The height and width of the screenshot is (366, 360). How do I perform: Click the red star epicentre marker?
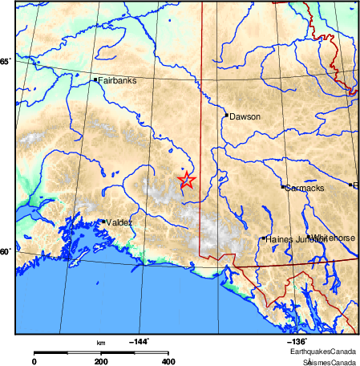click(x=186, y=180)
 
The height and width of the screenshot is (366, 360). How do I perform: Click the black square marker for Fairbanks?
click(x=95, y=79)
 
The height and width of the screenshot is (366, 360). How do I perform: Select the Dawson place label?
click(x=245, y=117)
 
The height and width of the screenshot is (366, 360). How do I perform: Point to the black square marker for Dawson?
click(x=226, y=114)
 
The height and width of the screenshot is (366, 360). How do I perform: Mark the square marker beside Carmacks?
click(x=282, y=186)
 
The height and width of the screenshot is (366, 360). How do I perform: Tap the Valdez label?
click(x=119, y=222)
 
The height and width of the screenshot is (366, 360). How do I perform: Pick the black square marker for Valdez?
click(x=103, y=221)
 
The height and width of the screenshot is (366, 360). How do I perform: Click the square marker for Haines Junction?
click(x=264, y=238)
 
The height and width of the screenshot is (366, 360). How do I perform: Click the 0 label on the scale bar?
click(x=34, y=362)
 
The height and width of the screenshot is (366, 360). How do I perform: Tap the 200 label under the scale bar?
click(x=101, y=362)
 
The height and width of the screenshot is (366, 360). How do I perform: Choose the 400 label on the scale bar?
click(x=168, y=362)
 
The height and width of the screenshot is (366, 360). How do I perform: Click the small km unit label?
click(x=101, y=343)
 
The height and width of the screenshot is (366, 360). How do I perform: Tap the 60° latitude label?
click(x=5, y=252)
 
